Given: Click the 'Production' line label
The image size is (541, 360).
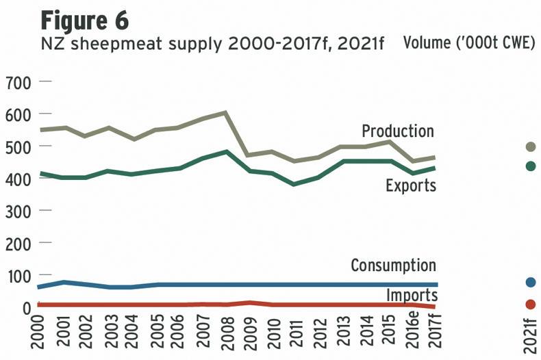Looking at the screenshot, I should point(398,131).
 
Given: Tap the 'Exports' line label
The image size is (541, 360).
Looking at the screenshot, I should point(411,185).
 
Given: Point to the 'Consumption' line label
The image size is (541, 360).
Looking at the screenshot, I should point(393,265).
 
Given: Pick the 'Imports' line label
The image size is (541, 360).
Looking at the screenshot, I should point(412,295).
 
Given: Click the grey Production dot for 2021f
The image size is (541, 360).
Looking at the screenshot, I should point(530,146).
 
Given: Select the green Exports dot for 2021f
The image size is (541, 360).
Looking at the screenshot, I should point(530,166).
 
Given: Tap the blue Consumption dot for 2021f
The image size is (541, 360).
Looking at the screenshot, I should point(530,282).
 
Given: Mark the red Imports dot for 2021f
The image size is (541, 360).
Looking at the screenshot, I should point(530,305).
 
